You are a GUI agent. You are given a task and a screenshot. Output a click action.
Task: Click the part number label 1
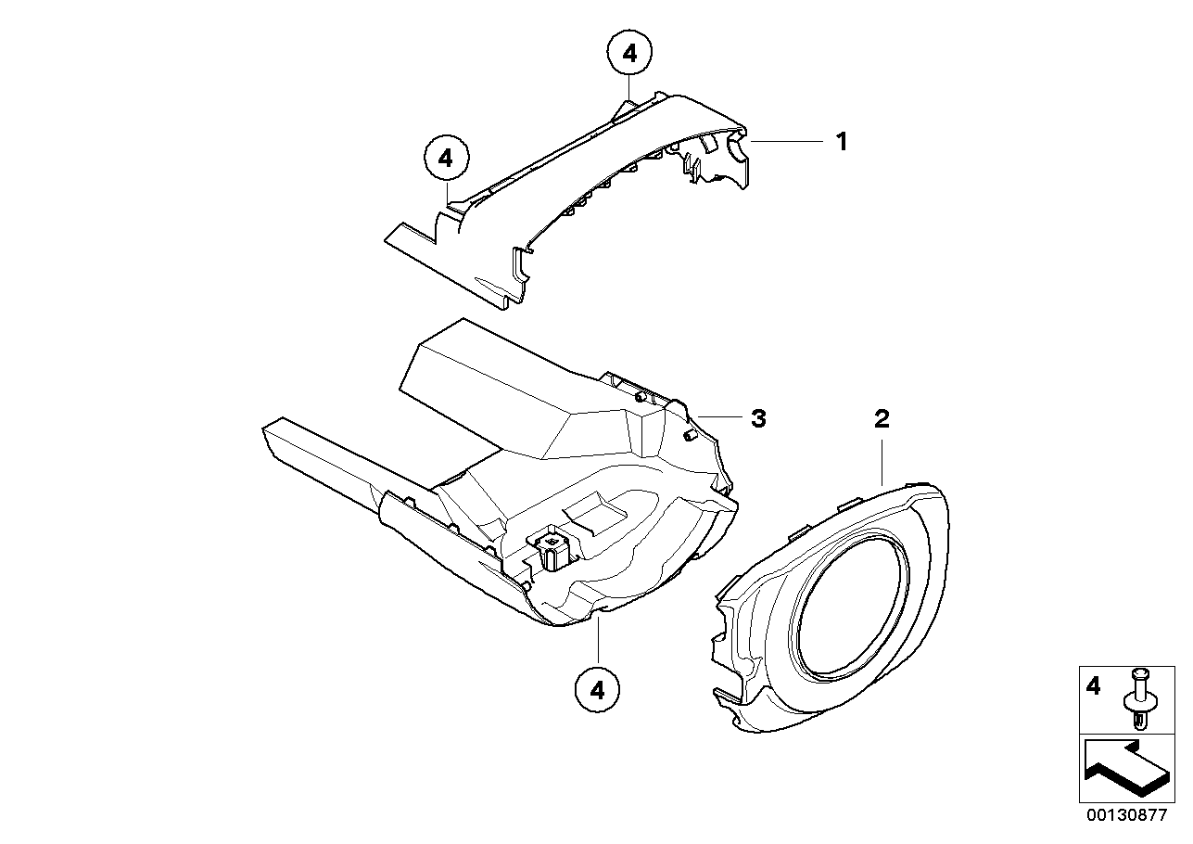842,142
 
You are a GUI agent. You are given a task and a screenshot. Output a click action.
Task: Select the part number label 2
882,419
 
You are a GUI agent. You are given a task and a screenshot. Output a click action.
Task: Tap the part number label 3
758,419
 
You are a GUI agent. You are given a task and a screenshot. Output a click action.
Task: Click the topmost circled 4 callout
629,53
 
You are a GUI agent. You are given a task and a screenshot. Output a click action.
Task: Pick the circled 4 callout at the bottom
598,691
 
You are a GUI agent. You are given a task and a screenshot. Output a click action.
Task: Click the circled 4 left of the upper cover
446,159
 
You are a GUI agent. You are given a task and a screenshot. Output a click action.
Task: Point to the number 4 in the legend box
1093,687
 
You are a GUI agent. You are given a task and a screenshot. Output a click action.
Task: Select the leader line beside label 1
787,142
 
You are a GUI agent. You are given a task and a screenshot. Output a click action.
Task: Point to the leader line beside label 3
718,416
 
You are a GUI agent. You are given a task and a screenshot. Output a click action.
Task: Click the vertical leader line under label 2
882,463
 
